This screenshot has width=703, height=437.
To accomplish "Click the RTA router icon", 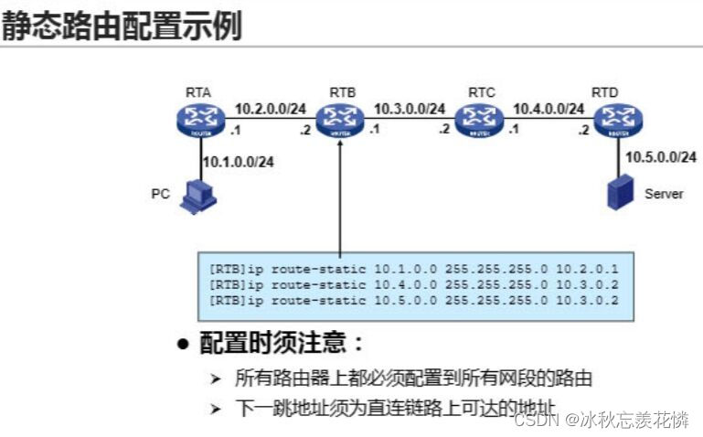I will [x=200, y=118].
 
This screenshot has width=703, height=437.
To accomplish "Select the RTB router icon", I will [x=339, y=118].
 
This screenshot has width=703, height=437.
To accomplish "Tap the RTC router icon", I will [x=479, y=118].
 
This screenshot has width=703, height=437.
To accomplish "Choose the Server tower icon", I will [x=619, y=193].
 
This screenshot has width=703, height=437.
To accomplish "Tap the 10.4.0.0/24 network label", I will [x=548, y=108].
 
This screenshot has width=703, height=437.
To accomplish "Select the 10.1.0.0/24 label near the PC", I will [x=240, y=162].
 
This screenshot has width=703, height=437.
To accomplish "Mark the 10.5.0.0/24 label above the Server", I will [x=661, y=157].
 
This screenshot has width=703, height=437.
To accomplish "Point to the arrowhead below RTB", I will [x=339, y=142].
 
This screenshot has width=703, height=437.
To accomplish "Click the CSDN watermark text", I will [x=601, y=420].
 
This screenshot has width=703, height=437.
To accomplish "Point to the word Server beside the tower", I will [x=664, y=194].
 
